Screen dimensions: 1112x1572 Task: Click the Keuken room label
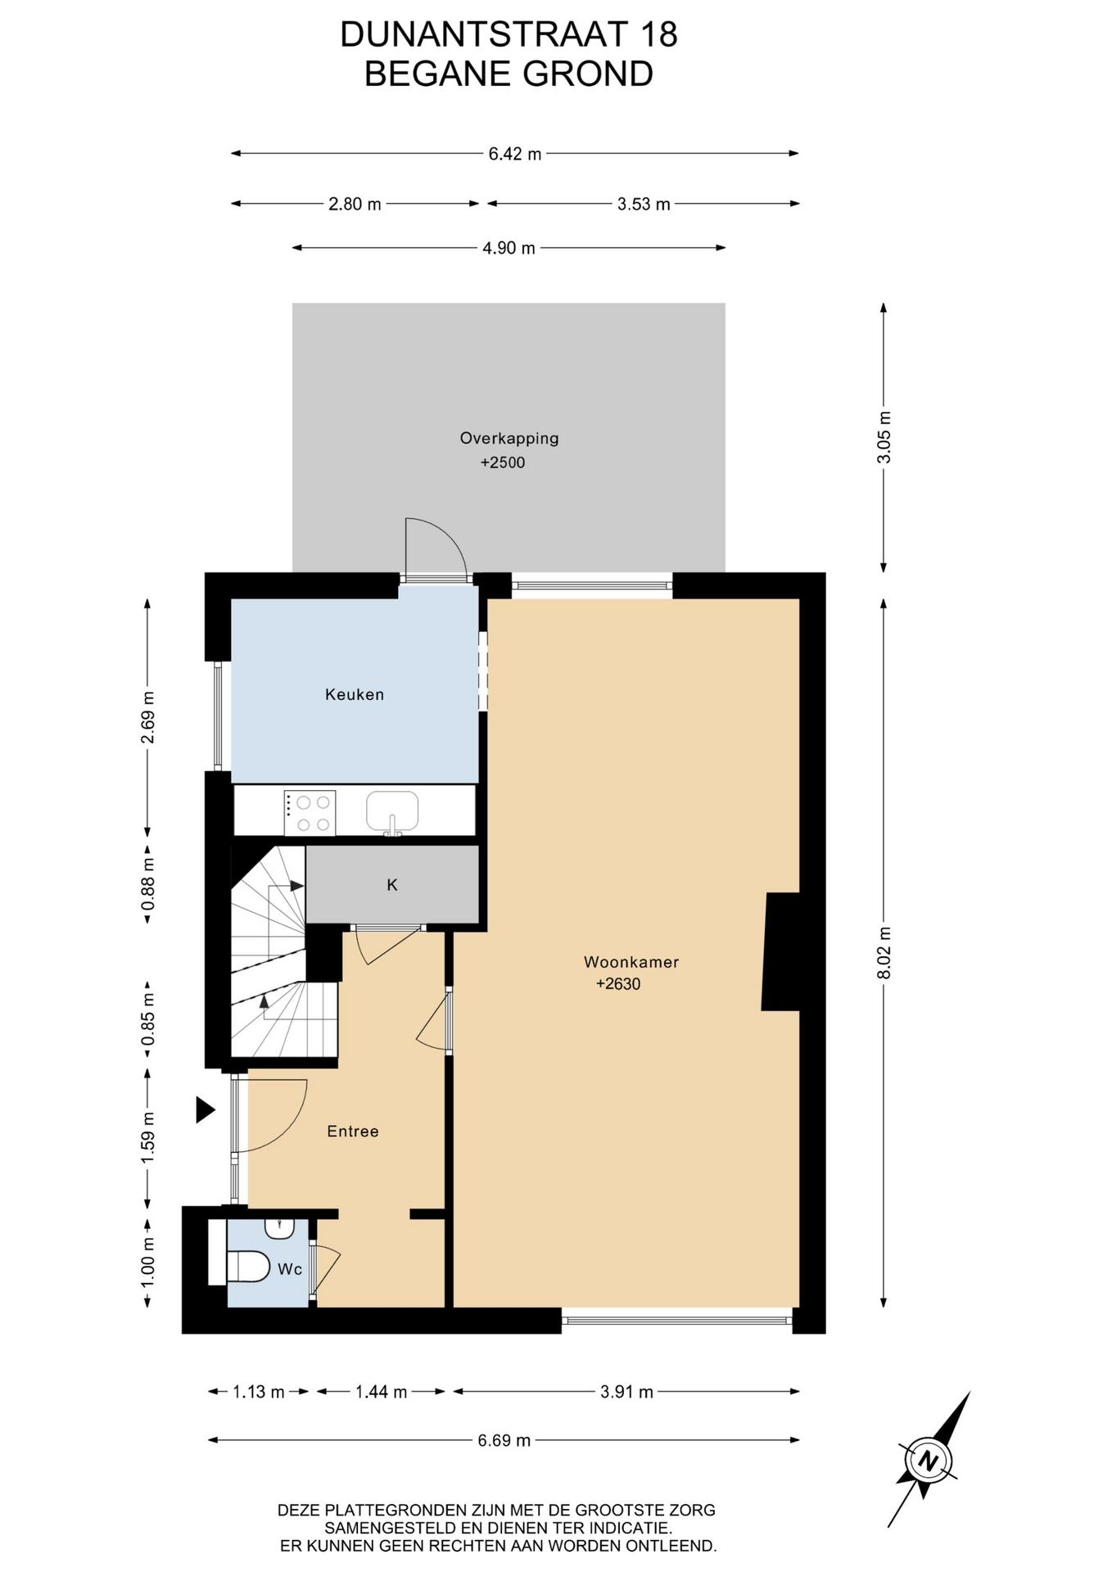354,694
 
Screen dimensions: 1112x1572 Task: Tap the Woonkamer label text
631,962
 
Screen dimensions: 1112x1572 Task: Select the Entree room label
353,1132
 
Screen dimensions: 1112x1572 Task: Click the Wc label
290,1269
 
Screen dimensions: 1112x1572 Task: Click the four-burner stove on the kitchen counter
310,813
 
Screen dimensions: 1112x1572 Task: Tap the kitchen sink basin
392,811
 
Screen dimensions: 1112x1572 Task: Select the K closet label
392,885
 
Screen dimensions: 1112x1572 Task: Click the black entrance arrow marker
205,1110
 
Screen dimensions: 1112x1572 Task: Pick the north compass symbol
929,1460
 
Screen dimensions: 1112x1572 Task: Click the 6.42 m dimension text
515,154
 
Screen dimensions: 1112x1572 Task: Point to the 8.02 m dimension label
884,952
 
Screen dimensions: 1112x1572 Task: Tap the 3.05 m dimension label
884,437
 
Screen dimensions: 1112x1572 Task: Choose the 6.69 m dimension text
504,1440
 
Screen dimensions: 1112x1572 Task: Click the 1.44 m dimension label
381,1392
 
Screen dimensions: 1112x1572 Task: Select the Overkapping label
509,438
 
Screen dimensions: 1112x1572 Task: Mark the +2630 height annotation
618,984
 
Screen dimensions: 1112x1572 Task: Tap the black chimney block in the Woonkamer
781,951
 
